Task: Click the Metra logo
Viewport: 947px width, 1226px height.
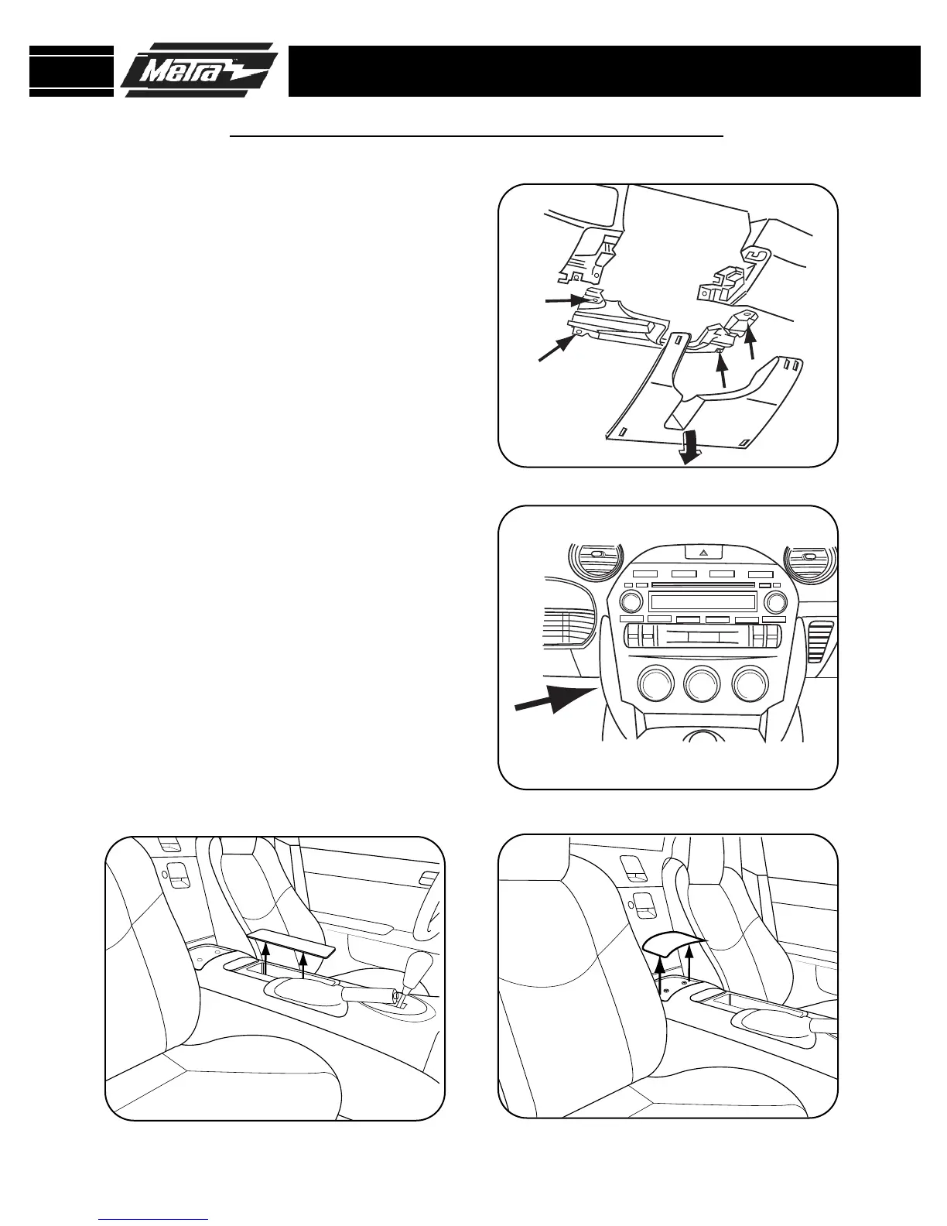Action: click(x=199, y=70)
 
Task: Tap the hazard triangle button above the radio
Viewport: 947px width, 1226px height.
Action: click(x=703, y=553)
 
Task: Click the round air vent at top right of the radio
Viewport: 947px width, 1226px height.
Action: click(x=809, y=559)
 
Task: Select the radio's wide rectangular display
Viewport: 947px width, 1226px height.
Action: click(x=703, y=602)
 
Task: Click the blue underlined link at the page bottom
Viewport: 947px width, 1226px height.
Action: click(x=154, y=1219)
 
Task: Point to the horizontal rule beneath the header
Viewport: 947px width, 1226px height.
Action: click(x=477, y=136)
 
